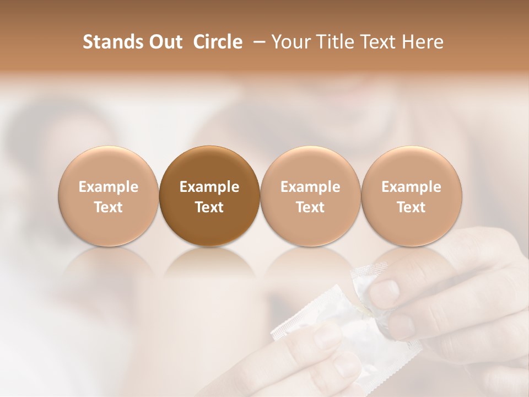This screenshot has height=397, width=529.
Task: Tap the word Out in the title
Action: coord(166,42)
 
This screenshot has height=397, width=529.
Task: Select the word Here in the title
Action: coord(424,42)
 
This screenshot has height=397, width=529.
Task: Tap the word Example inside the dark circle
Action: coord(209,187)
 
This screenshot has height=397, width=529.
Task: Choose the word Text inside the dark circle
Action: coord(209,207)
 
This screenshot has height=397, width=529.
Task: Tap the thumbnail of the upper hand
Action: coord(388,289)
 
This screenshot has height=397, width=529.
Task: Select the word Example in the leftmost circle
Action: coord(108,187)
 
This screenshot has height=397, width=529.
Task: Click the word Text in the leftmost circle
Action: coord(108,207)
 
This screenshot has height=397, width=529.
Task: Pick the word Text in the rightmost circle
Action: coord(411,207)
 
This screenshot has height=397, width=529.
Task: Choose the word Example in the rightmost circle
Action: coord(411,187)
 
